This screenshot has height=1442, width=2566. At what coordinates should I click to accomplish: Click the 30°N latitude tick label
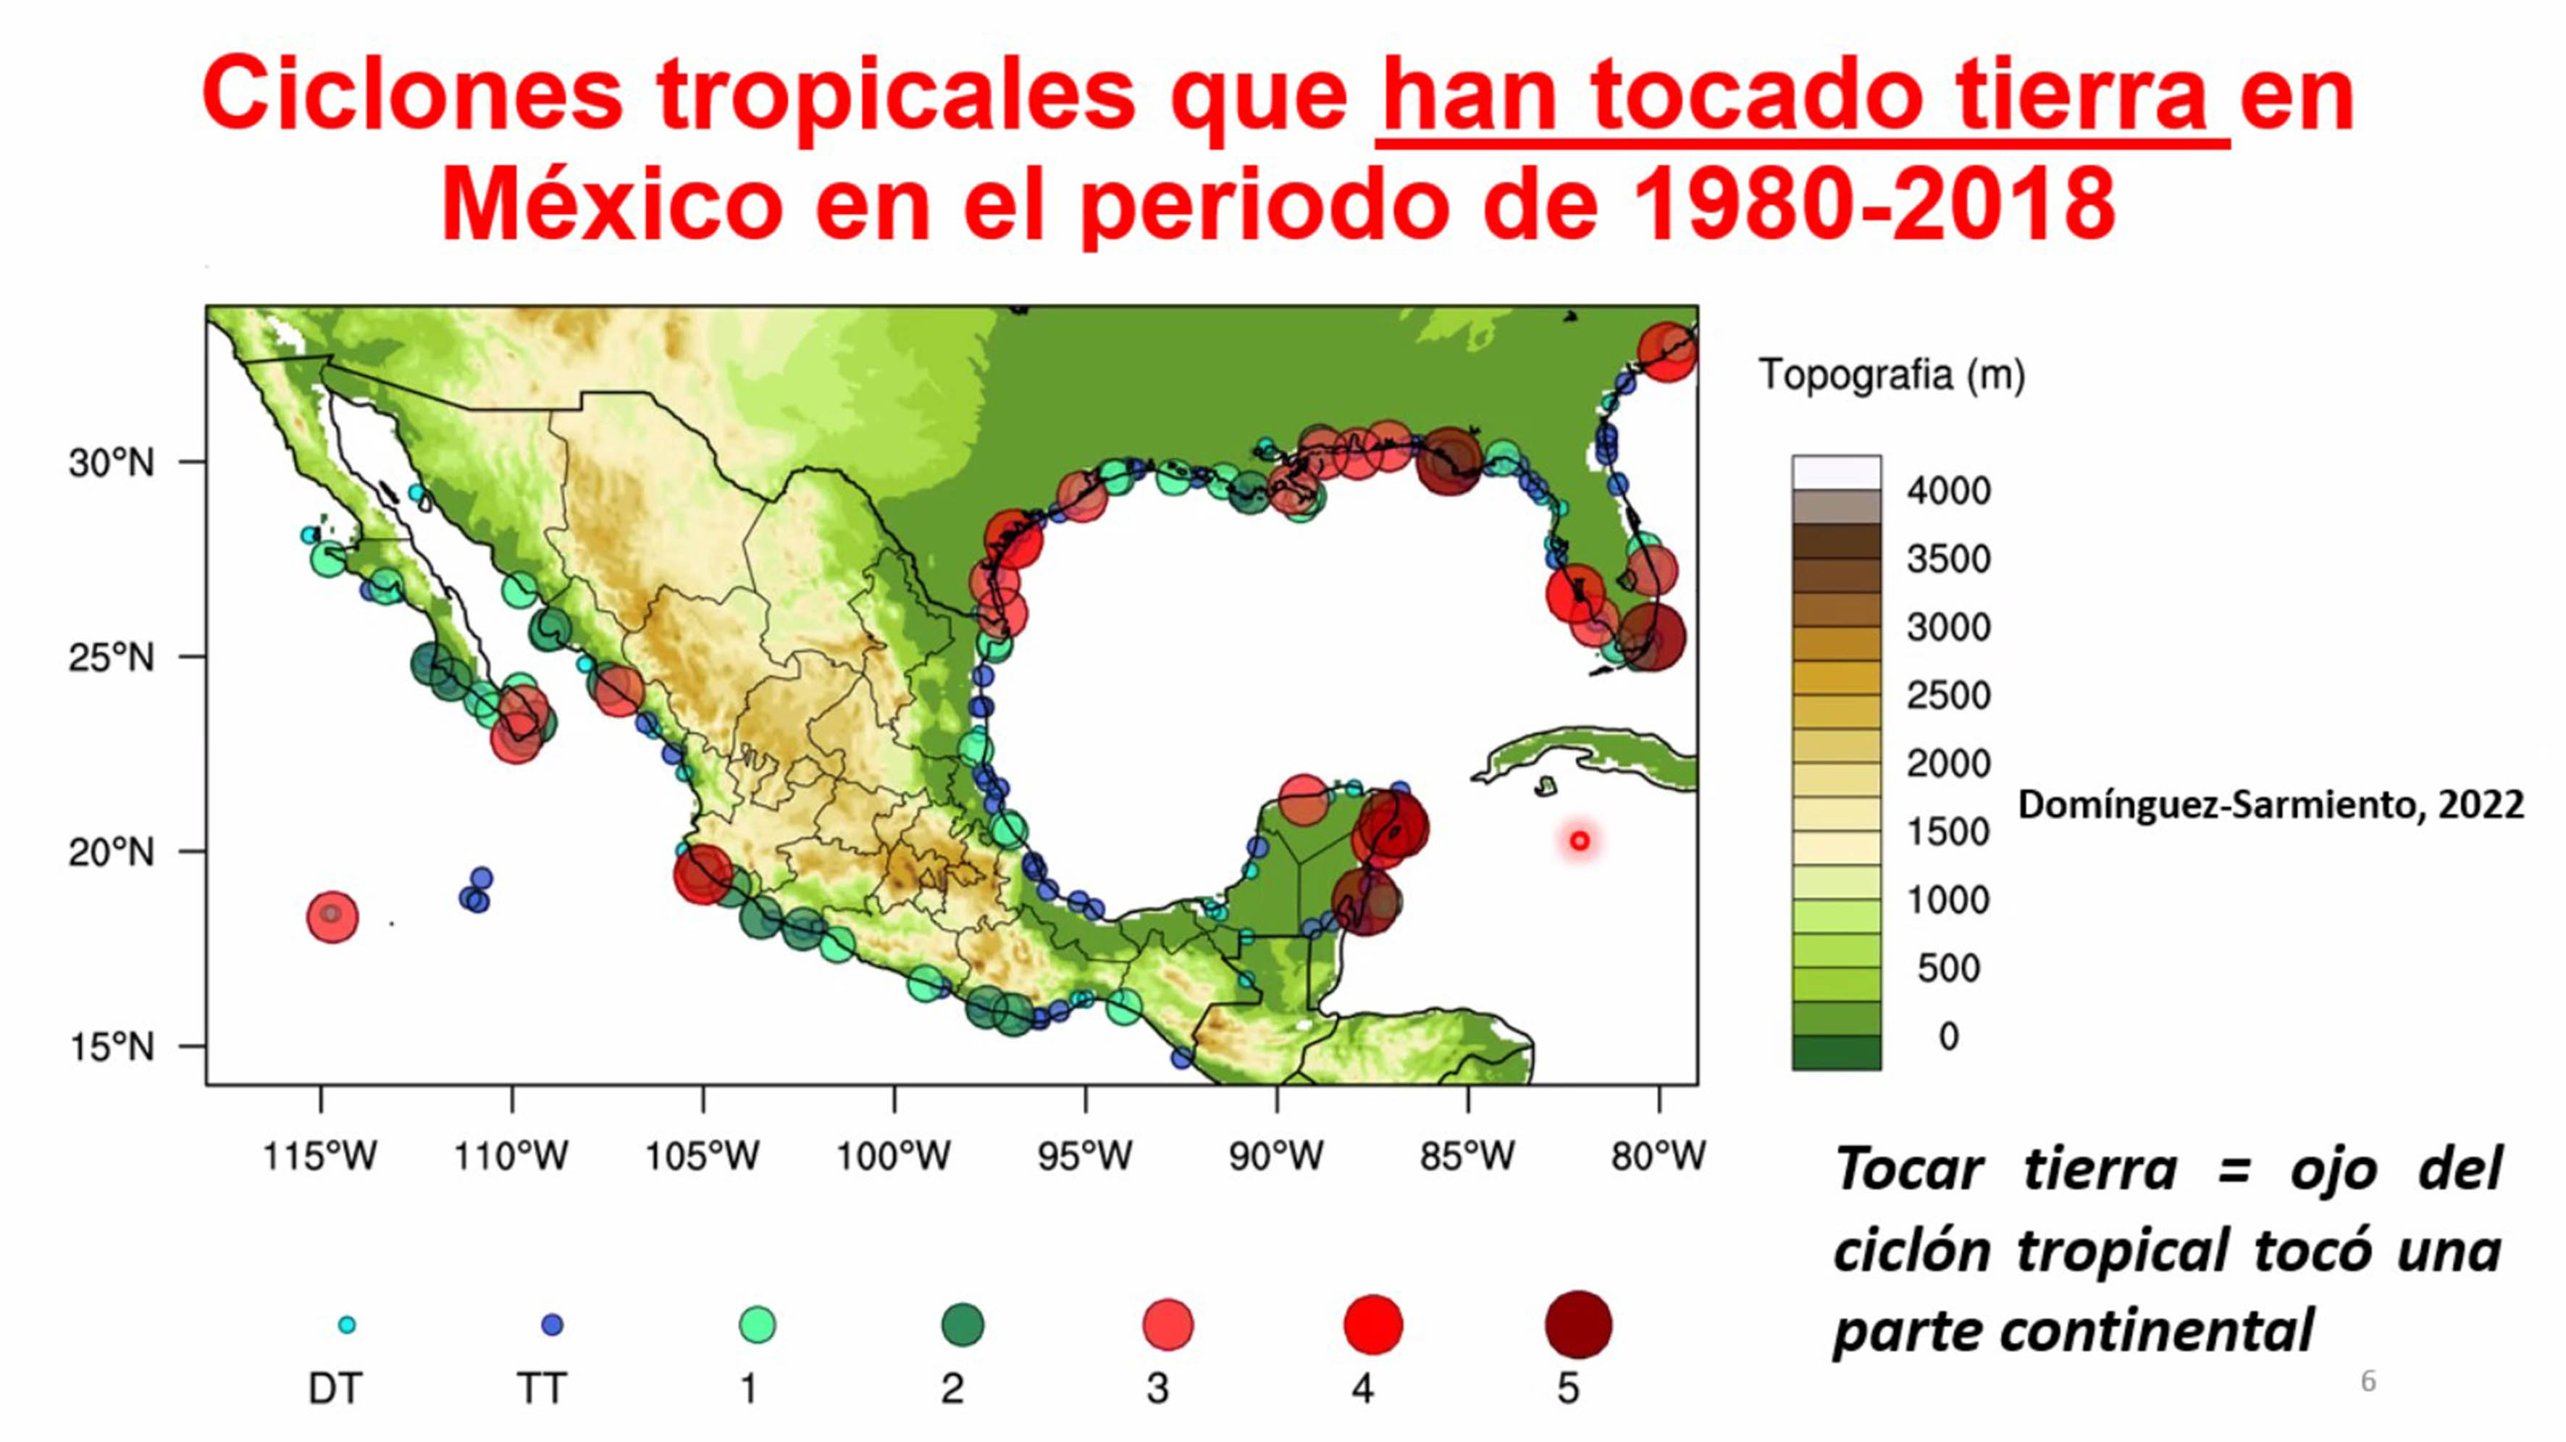click(x=112, y=463)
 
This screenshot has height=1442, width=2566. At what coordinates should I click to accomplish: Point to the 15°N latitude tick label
click(x=112, y=1047)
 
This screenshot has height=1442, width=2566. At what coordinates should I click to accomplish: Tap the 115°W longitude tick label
click(x=319, y=1156)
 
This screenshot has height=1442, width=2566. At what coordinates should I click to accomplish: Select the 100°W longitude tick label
click(x=894, y=1156)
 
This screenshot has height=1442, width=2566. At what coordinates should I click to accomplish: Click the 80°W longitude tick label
click(x=1659, y=1156)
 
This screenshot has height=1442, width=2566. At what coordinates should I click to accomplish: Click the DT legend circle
click(x=347, y=1325)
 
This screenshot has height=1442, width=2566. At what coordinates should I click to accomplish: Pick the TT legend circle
click(x=552, y=1325)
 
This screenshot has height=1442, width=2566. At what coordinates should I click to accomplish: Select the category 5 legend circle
click(x=1578, y=1325)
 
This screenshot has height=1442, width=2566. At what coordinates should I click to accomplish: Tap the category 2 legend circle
click(x=963, y=1325)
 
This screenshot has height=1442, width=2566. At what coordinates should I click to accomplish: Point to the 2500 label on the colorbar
click(x=1948, y=695)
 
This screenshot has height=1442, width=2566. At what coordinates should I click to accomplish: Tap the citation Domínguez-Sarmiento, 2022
click(x=2271, y=805)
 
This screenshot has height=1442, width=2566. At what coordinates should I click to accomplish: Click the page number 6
click(x=2368, y=1381)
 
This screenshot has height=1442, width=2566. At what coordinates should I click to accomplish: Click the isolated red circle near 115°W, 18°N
click(x=332, y=916)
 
